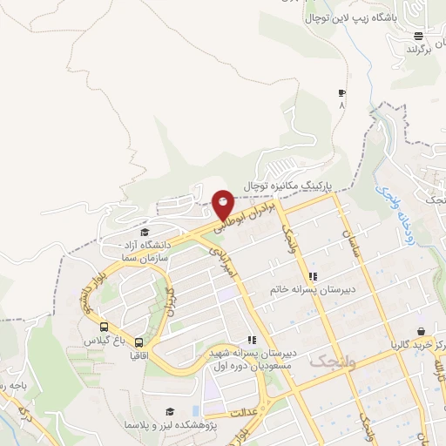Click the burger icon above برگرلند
pyautogui.click(x=419, y=36)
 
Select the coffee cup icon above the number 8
pyautogui.click(x=341, y=93)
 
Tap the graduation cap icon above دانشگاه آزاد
pyautogui.click(x=144, y=231)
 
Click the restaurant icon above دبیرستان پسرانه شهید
pyautogui.click(x=252, y=341)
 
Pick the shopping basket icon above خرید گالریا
pyautogui.click(x=422, y=332)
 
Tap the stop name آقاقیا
pyautogui.click(x=139, y=355)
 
